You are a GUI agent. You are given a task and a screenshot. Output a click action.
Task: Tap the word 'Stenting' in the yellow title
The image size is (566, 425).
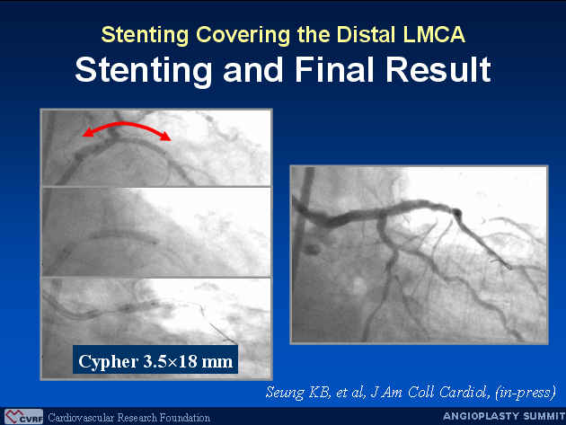pos(145,35)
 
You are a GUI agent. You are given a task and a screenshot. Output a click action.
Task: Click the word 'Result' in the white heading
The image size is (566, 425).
pos(438,69)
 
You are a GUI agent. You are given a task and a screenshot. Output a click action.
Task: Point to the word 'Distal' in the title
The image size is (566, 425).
pos(366,34)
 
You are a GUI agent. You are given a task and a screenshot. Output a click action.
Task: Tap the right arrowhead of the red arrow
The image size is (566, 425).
pos(165,137)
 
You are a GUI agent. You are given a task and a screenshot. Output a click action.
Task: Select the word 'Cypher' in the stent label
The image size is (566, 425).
pos(109,362)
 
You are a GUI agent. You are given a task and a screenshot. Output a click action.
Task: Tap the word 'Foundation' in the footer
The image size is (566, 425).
pos(184,418)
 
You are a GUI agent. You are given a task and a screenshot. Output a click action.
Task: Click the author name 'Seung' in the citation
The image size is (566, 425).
pos(285,393)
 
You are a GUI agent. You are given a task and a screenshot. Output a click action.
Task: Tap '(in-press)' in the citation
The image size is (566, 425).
pos(526,393)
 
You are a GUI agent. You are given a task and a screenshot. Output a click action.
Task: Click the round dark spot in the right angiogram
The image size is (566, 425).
pos(312,249)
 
